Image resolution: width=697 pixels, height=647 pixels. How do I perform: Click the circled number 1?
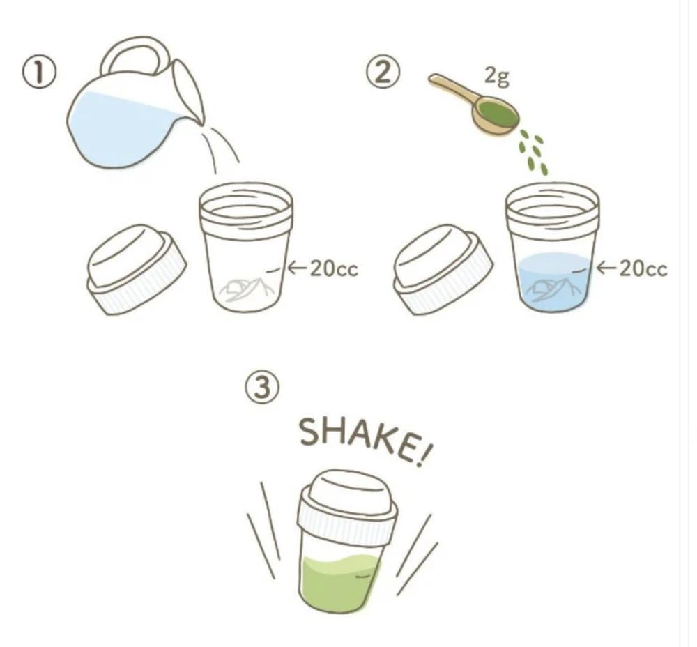pyautogui.click(x=40, y=73)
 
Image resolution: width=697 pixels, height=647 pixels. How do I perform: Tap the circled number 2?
pyautogui.click(x=383, y=73)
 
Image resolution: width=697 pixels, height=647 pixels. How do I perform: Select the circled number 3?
pyautogui.click(x=263, y=387)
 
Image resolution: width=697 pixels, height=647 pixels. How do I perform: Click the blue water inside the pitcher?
pyautogui.click(x=120, y=129)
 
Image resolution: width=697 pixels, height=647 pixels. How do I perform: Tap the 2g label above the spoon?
pyautogui.click(x=496, y=76)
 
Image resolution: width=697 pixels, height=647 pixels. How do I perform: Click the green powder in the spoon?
pyautogui.click(x=497, y=112)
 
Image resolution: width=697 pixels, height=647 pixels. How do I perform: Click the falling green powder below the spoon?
pyautogui.click(x=533, y=151)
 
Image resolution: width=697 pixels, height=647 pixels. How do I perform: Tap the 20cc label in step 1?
pyautogui.click(x=333, y=268)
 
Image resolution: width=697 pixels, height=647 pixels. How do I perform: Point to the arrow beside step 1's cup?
pyautogui.click(x=298, y=268)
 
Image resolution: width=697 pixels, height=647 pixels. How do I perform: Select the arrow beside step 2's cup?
pyautogui.click(x=606, y=268)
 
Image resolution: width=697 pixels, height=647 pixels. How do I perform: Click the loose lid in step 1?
pyautogui.click(x=136, y=270)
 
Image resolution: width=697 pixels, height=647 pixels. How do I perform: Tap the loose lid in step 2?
pyautogui.click(x=443, y=270)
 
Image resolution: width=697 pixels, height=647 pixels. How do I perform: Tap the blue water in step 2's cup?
pyautogui.click(x=554, y=281)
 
